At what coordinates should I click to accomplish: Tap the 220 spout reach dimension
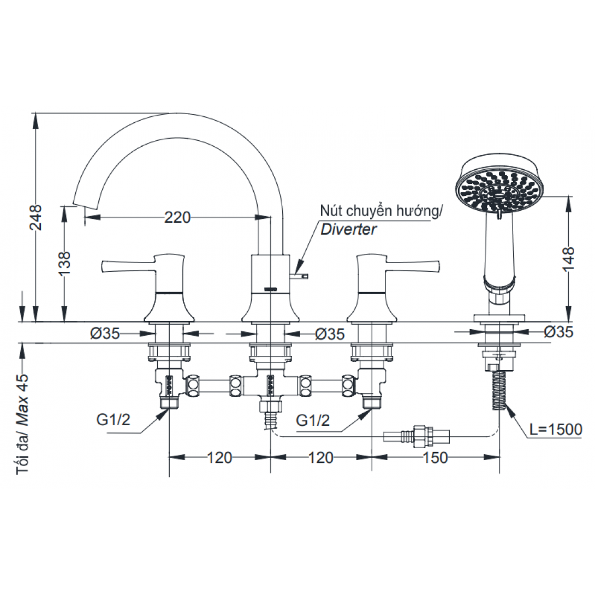pos(177,217)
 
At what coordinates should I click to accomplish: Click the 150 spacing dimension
pos(435,457)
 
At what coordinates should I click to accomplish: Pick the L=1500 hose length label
pos(556,429)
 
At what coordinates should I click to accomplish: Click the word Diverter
pos(348,229)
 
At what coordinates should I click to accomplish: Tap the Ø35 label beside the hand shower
pos(558,332)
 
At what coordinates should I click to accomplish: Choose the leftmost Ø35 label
pos(105,334)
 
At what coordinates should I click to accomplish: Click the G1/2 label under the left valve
pos(114,420)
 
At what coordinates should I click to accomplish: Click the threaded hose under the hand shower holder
pos(499,390)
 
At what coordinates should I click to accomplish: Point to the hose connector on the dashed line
pos(416,436)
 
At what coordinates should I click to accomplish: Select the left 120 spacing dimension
pos(219,457)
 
